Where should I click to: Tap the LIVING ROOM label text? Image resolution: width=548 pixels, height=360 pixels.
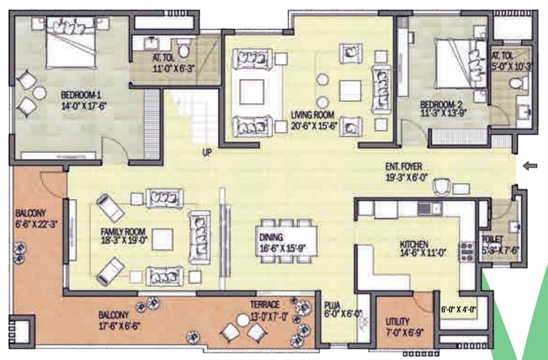click(x=312, y=114)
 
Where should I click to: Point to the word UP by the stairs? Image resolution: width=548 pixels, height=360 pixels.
click(x=207, y=153)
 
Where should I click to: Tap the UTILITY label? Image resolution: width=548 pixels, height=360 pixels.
click(x=398, y=322)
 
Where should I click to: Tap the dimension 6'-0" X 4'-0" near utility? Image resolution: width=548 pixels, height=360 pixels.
click(x=459, y=309)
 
